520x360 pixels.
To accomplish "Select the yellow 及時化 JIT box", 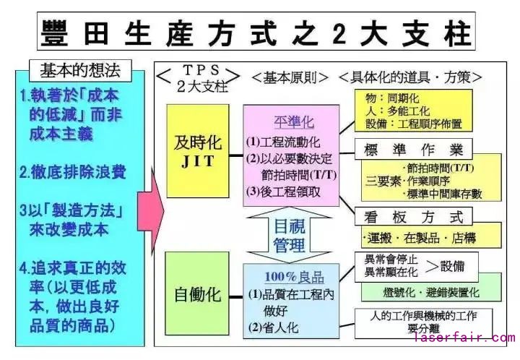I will point(194,150).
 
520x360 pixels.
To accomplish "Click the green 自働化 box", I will point(194,295).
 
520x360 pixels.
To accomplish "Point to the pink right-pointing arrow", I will point(151,213).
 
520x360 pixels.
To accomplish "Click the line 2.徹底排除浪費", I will point(73,172).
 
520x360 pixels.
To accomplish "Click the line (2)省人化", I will point(273,327).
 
